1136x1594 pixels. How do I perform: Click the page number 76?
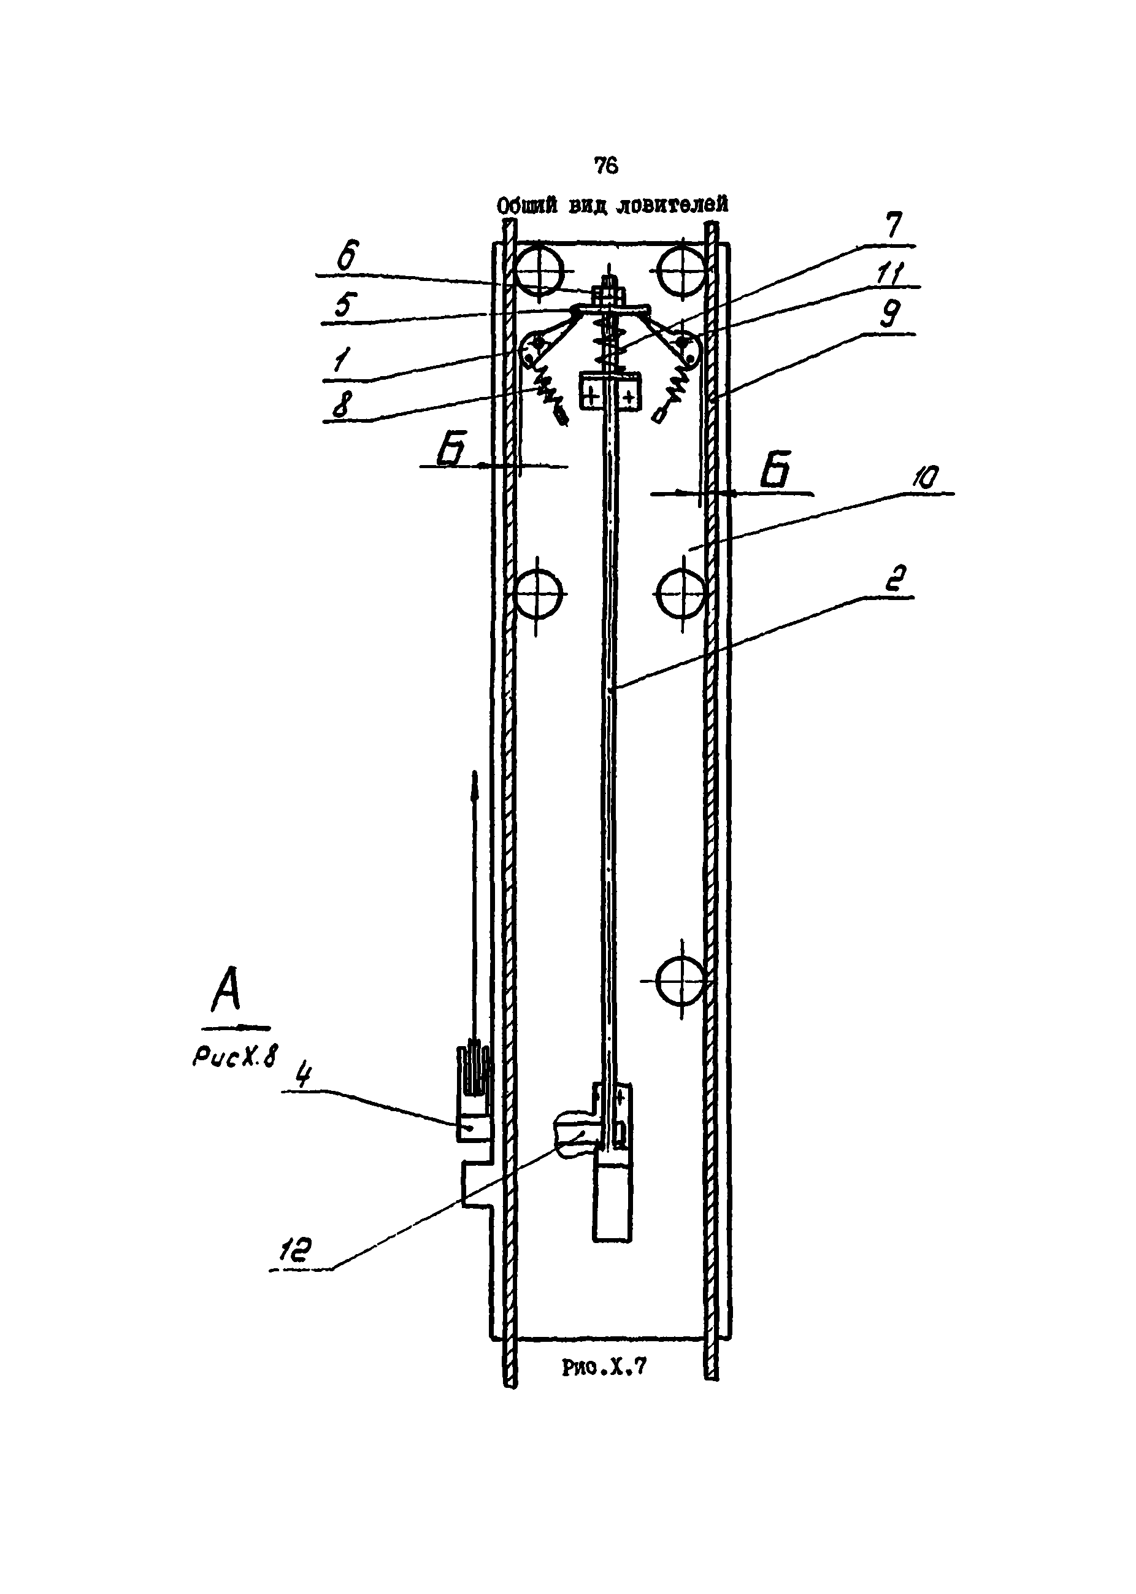click(606, 165)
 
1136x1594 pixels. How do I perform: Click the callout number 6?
click(348, 255)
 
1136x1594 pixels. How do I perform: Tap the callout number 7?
click(893, 225)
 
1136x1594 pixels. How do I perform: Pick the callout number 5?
click(345, 305)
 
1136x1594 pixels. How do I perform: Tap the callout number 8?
click(343, 404)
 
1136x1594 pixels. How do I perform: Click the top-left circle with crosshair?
click(539, 269)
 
